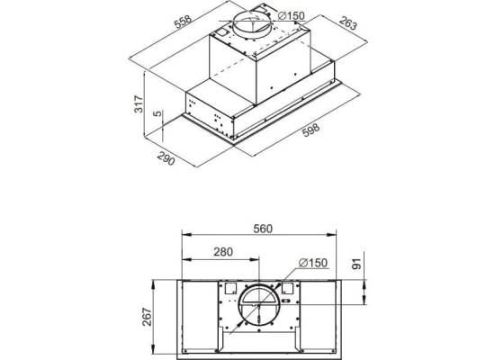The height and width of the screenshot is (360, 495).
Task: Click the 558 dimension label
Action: click(x=184, y=22)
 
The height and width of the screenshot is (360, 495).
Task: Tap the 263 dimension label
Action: click(x=348, y=23)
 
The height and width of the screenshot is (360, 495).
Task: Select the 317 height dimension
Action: click(x=139, y=103)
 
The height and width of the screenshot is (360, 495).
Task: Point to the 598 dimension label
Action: click(x=311, y=130)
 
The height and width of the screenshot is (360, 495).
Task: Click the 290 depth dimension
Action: click(x=166, y=158)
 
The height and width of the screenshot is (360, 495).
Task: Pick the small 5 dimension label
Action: click(x=157, y=113)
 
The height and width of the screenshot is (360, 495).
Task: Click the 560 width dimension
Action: click(x=263, y=229)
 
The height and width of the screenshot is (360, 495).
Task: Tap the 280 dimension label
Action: click(x=223, y=252)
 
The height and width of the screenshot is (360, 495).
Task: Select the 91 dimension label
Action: click(x=356, y=264)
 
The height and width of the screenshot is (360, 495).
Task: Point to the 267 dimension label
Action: click(x=147, y=317)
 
